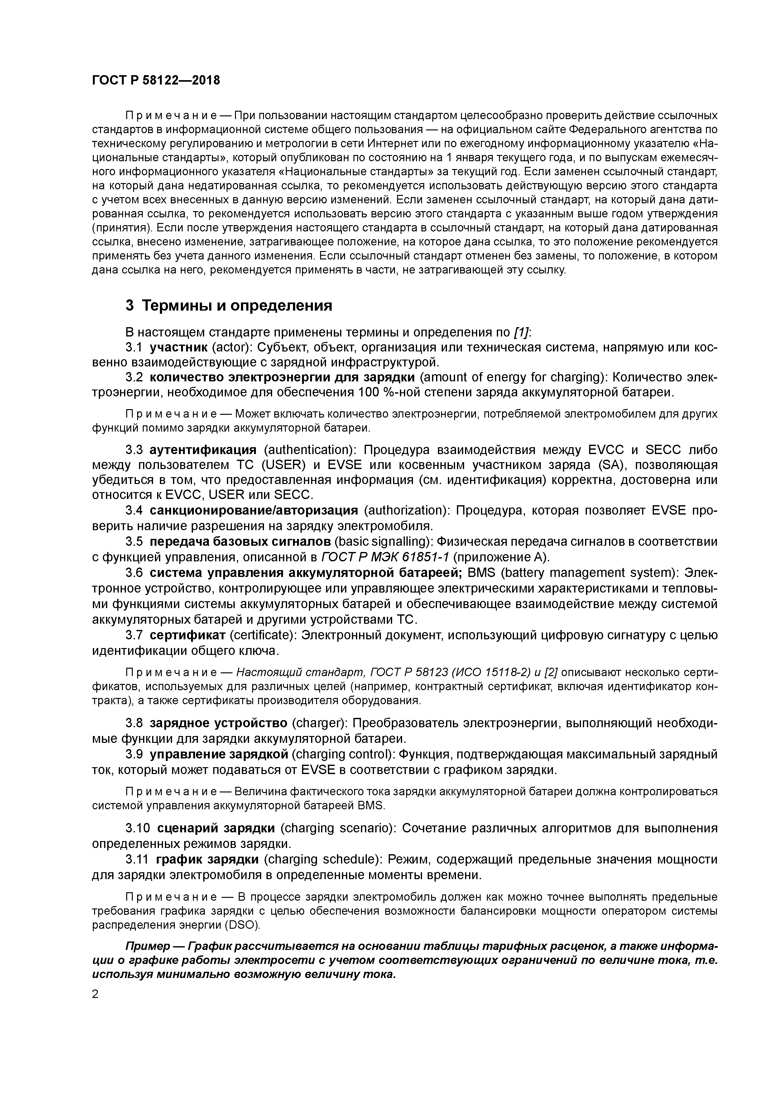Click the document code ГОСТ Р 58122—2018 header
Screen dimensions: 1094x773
(x=156, y=80)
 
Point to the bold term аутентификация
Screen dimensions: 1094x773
(x=203, y=449)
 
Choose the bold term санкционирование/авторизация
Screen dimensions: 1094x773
(x=253, y=510)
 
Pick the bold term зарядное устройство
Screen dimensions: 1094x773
(x=218, y=723)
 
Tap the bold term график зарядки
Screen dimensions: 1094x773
(x=207, y=859)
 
